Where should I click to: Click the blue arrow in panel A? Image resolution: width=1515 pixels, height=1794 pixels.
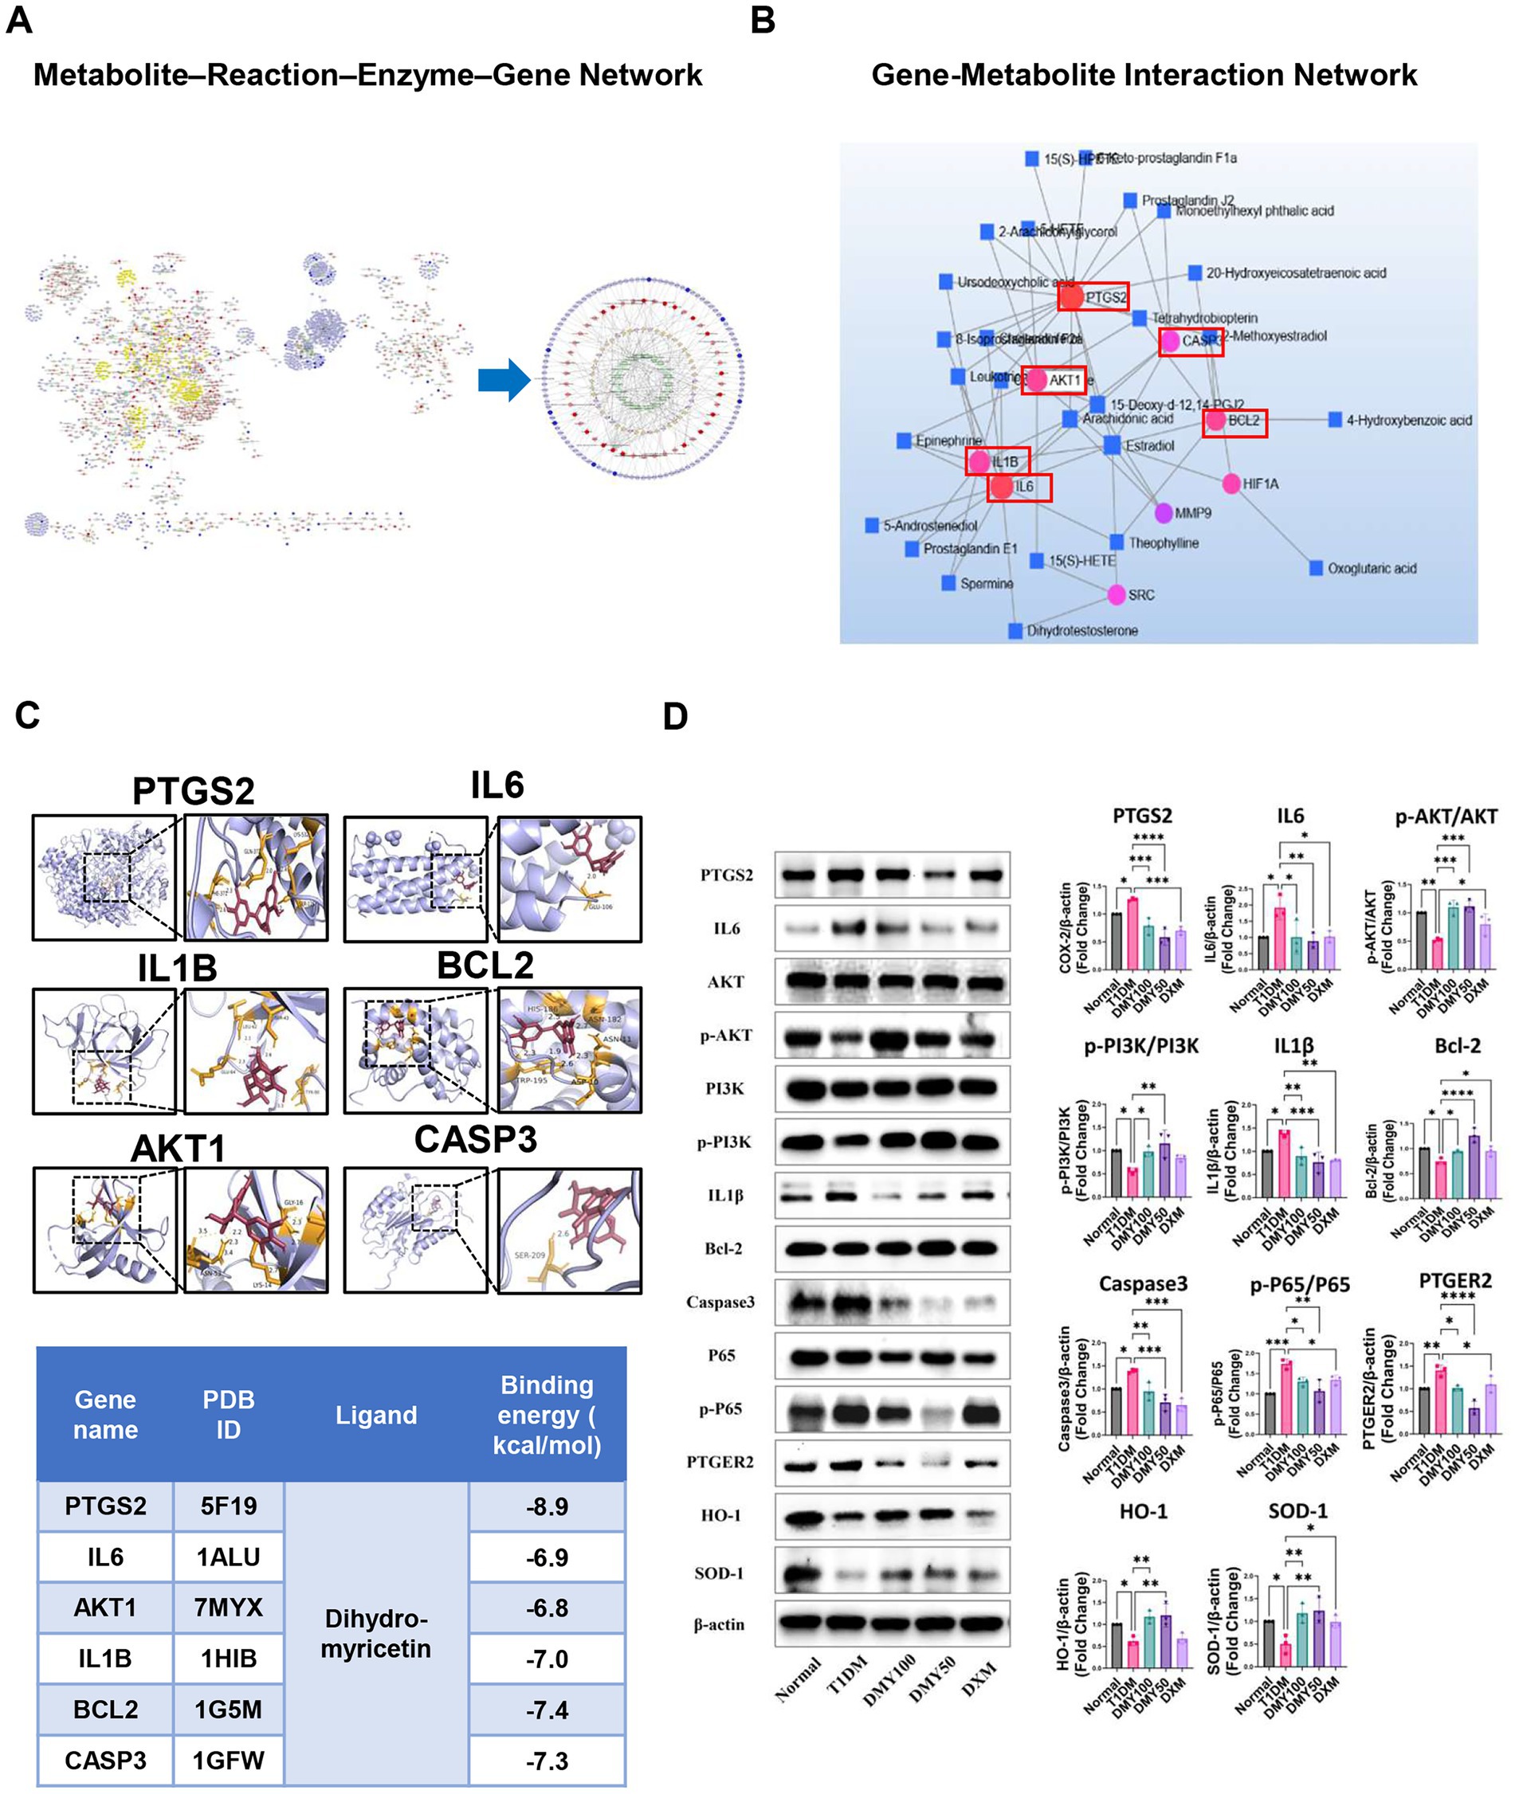pyautogui.click(x=504, y=379)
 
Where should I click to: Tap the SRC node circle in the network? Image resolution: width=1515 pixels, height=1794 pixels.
pyautogui.click(x=1117, y=594)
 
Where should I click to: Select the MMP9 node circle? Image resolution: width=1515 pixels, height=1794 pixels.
pyautogui.click(x=1163, y=512)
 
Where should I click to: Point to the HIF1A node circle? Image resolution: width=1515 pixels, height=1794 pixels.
pyautogui.click(x=1230, y=484)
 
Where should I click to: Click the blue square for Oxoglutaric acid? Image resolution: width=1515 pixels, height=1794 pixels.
pyautogui.click(x=1316, y=568)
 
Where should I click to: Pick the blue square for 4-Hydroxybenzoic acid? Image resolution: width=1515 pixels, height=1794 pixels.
pyautogui.click(x=1335, y=420)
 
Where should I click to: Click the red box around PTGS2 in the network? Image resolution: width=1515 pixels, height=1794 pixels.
pyautogui.click(x=1093, y=297)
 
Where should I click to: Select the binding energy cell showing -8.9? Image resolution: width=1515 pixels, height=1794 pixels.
pyautogui.click(x=547, y=1506)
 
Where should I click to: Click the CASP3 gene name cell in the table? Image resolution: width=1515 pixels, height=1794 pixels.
pyautogui.click(x=106, y=1760)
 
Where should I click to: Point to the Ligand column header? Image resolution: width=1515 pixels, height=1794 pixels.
pyautogui.click(x=376, y=1415)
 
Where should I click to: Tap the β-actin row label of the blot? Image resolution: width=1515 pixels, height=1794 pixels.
pyautogui.click(x=719, y=1624)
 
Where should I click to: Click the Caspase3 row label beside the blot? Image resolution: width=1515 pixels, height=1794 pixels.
pyautogui.click(x=720, y=1302)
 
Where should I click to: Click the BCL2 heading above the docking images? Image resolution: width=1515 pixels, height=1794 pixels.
pyautogui.click(x=485, y=965)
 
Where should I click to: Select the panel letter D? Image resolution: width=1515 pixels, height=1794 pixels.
pyautogui.click(x=676, y=717)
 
